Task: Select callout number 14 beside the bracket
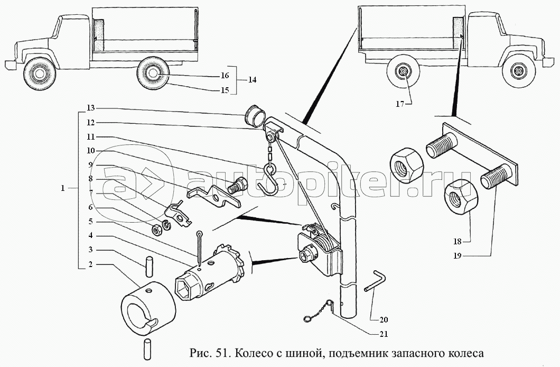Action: (252, 80)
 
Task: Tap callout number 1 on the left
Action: (63, 188)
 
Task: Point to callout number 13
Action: (91, 108)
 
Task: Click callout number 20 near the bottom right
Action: (384, 319)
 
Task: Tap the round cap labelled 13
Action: (255, 117)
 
